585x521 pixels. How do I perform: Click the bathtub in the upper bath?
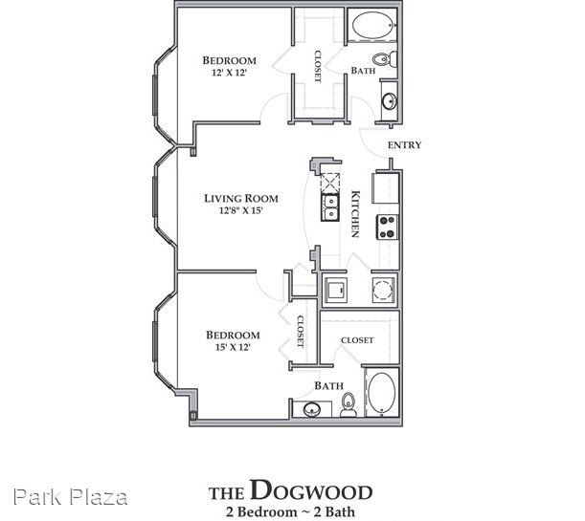371,25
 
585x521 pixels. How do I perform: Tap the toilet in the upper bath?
384,59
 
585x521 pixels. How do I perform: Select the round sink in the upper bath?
389,100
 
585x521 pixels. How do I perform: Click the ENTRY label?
404,145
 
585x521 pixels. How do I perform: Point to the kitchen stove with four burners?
387,227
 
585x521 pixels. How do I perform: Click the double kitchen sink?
330,207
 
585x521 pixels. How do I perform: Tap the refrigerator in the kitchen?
386,187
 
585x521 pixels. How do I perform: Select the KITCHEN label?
355,214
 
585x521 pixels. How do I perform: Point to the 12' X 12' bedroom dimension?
230,73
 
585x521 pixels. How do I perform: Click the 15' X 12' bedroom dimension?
233,347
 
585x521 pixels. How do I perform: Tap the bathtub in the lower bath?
381,394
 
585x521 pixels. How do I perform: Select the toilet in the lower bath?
349,405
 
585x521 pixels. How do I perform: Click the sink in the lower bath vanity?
312,410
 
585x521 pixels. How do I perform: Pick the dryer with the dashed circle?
383,290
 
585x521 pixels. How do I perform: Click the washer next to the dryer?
336,290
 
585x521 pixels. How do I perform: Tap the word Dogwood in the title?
311,489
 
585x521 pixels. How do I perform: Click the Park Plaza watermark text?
71,497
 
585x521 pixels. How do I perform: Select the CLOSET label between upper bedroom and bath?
318,66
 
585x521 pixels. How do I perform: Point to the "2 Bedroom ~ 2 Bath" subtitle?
290,511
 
